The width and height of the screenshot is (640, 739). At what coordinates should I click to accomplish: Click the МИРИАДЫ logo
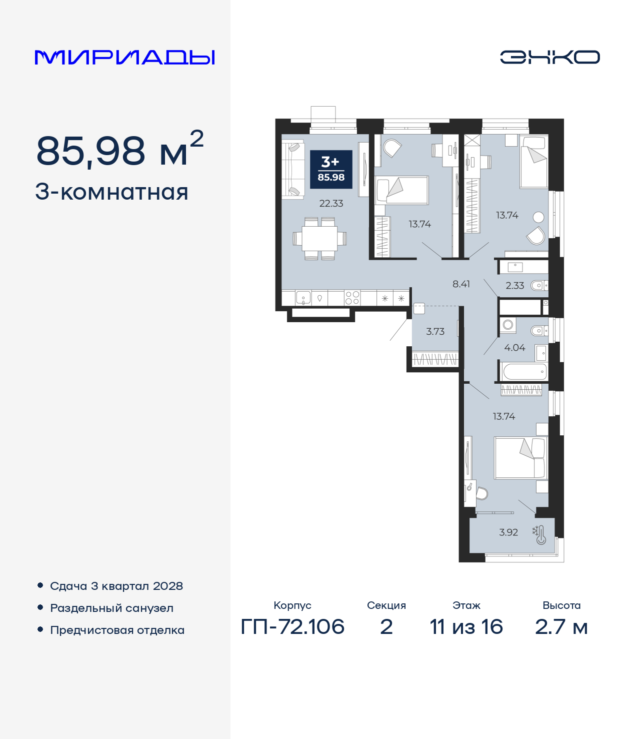(125, 57)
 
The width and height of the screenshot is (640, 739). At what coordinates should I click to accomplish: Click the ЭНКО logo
(549, 57)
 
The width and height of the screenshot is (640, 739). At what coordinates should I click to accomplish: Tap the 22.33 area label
(331, 204)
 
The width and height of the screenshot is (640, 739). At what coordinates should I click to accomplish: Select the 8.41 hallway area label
(461, 284)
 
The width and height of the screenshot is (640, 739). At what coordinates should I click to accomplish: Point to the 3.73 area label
(435, 332)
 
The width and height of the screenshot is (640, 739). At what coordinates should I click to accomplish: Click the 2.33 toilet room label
(514, 286)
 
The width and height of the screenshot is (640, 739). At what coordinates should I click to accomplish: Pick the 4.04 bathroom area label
(514, 348)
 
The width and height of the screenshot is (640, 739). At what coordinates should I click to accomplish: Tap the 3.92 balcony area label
(508, 532)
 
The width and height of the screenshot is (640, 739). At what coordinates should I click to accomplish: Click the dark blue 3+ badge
(331, 170)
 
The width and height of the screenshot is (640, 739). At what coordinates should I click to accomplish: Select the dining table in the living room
(319, 239)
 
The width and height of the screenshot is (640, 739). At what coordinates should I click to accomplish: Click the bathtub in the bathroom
(524, 372)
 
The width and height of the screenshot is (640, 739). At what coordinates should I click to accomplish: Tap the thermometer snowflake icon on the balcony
(539, 534)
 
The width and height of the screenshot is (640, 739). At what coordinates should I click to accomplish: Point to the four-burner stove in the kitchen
(352, 298)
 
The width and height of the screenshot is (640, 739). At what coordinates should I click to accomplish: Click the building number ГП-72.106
(292, 626)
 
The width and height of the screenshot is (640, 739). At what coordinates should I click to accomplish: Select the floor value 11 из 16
(466, 626)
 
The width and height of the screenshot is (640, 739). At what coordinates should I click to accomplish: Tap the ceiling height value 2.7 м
(561, 626)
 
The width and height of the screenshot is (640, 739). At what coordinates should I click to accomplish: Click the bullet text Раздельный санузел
(111, 608)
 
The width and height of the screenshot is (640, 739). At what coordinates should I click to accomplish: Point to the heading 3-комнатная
(111, 192)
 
